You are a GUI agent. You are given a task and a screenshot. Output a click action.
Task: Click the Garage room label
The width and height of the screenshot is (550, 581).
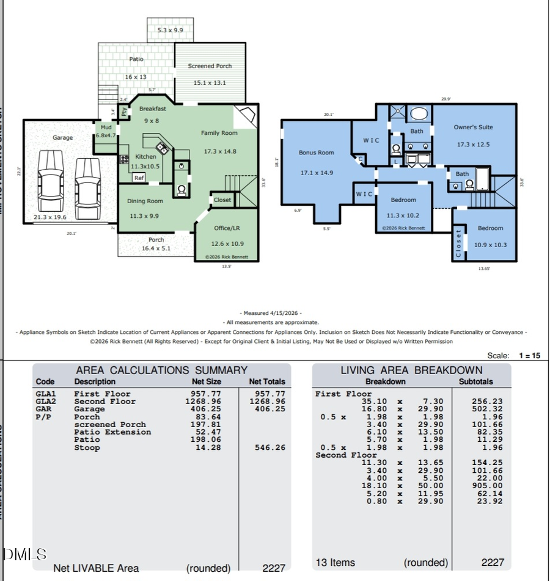pos(62,138)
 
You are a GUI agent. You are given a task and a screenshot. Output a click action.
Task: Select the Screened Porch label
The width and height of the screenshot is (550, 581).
pos(210,66)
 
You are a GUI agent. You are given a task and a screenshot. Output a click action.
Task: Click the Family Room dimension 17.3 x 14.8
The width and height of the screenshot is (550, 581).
pos(219,151)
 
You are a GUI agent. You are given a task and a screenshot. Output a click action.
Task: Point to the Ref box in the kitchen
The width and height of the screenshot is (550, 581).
pos(139,178)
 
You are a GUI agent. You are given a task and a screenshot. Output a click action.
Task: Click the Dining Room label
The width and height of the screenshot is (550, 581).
pos(145,201)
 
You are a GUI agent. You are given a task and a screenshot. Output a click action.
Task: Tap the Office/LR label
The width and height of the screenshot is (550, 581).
pos(227,228)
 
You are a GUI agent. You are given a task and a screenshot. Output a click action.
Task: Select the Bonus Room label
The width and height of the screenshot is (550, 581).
pos(317,153)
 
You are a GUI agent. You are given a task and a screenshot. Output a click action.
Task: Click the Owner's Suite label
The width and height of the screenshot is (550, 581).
pos(473,128)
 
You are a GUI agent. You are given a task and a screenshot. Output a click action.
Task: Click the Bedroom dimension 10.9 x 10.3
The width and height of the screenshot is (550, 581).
pos(491,245)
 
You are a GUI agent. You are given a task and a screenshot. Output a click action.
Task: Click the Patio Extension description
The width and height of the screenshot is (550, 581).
pos(112,432)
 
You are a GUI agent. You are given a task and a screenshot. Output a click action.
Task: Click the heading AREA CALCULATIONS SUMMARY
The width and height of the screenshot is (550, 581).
pos(161,370)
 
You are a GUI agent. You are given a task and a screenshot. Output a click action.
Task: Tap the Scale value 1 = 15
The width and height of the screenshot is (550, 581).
pos(529,355)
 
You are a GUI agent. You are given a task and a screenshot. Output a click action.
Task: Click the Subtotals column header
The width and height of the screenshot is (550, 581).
pos(475,381)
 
